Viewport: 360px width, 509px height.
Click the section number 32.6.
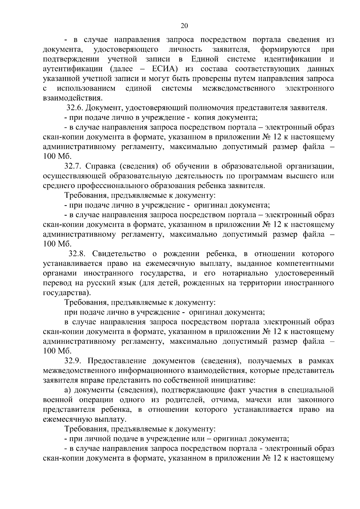pos(74,108)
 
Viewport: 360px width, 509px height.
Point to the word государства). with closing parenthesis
pos(66,293)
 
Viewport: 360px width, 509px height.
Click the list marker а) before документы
pos(68,390)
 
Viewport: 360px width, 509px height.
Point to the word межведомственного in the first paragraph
pos(239,88)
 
